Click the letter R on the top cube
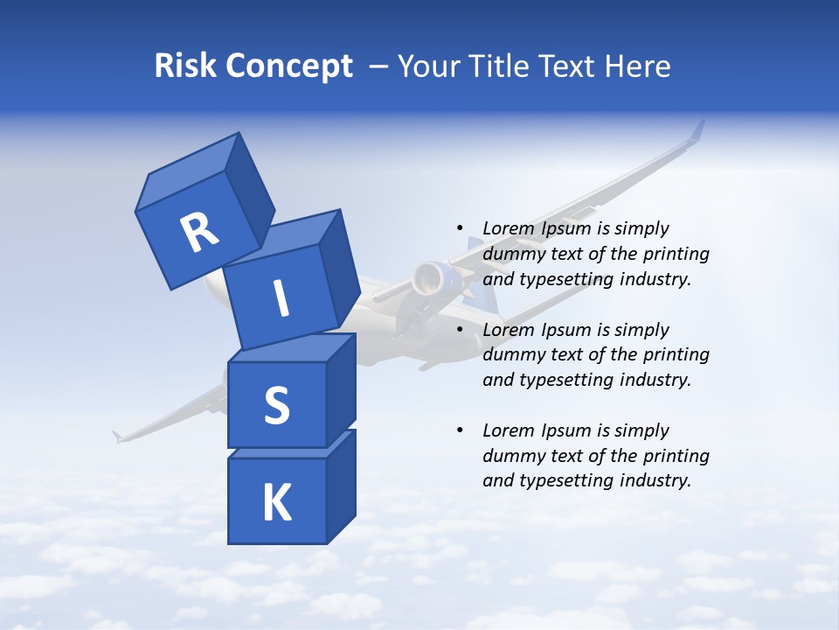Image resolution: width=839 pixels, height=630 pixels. point(200,232)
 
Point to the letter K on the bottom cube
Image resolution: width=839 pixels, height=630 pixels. point(276,503)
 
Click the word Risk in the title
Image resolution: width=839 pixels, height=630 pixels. point(184,66)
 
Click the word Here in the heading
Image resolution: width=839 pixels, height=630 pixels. point(637,66)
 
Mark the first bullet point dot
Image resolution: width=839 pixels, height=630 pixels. point(460,228)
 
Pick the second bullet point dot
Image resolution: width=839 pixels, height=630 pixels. point(460,330)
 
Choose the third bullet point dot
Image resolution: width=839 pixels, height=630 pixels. point(460,430)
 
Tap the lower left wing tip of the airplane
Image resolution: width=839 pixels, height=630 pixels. point(117,435)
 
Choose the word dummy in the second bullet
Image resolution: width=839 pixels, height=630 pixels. point(513,354)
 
